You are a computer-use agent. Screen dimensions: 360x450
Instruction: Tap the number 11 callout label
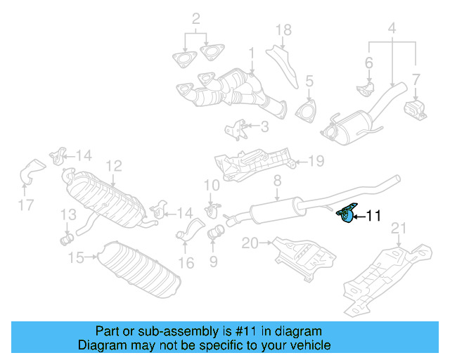(x=373, y=217)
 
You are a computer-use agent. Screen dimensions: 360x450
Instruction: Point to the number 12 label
(x=113, y=166)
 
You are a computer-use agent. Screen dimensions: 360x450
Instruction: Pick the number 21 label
(x=399, y=228)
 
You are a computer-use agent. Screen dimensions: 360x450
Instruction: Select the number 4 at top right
(x=391, y=29)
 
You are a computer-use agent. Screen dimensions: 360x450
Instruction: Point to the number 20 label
(x=249, y=243)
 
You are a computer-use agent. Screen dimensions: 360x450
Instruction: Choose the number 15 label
(x=76, y=257)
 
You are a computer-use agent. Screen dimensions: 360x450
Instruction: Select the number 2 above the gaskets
(x=195, y=18)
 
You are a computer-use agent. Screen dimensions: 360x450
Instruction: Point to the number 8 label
(x=277, y=181)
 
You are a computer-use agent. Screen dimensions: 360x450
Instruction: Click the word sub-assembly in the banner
(x=167, y=331)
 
